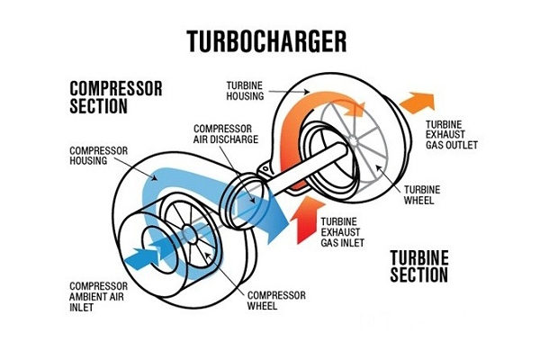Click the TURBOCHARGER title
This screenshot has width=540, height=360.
point(266,40)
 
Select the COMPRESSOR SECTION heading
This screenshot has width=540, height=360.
point(115,97)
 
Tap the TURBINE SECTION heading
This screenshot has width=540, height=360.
point(419,265)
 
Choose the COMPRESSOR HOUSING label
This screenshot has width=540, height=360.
point(99,155)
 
